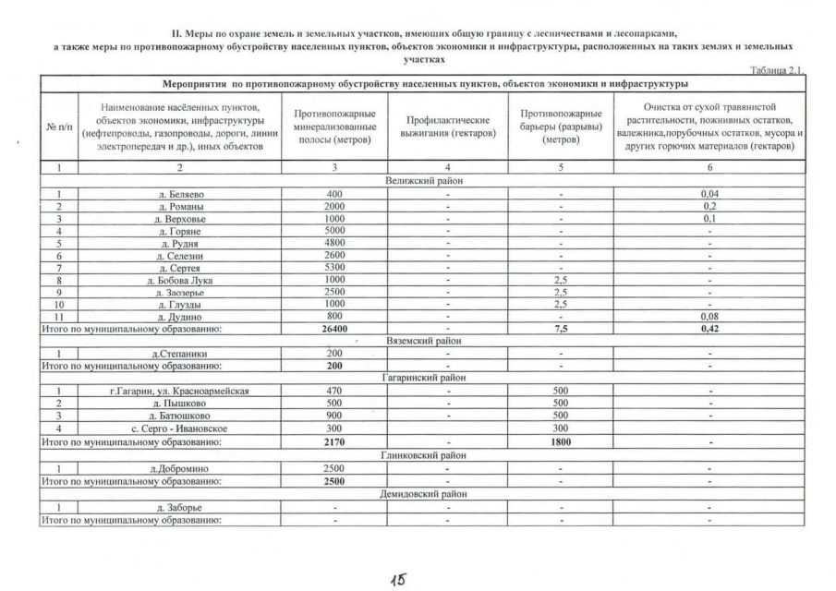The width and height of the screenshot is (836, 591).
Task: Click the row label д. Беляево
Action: pyautogui.click(x=176, y=193)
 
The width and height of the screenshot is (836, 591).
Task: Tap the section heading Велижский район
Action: pyautogui.click(x=425, y=181)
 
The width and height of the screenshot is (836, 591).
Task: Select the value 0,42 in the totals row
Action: pyautogui.click(x=709, y=327)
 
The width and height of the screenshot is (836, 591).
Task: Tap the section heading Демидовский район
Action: pyautogui.click(x=425, y=493)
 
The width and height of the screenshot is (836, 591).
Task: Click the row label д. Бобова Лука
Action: pyautogui.click(x=176, y=279)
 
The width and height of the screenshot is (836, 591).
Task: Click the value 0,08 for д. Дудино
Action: pyautogui.click(x=709, y=315)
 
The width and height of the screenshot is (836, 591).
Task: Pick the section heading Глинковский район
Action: pyautogui.click(x=425, y=454)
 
